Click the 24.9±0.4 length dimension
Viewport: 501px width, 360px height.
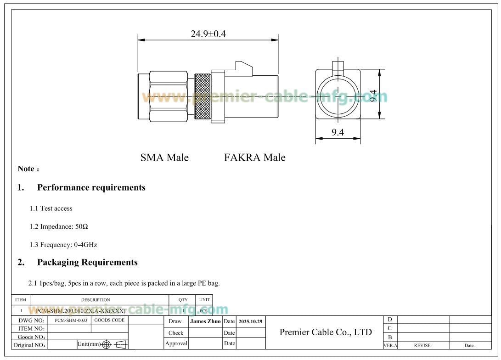pyautogui.click(x=208, y=34)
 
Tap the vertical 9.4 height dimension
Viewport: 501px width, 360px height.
pyautogui.click(x=373, y=95)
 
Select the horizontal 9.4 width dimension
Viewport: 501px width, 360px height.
pyautogui.click(x=338, y=133)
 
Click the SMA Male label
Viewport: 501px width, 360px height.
pyautogui.click(x=164, y=157)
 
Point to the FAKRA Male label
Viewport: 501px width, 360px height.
pyautogui.click(x=254, y=157)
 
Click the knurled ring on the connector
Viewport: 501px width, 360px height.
pyautogui.click(x=202, y=97)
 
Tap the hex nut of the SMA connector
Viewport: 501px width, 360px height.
pyautogui.click(x=169, y=96)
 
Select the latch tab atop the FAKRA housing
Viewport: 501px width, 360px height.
pyautogui.click(x=243, y=68)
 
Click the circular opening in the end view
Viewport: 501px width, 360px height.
pyautogui.click(x=338, y=95)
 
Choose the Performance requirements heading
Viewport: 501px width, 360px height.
pyautogui.click(x=91, y=187)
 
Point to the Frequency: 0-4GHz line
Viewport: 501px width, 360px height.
pyautogui.click(x=63, y=245)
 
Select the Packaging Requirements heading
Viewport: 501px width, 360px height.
pyautogui.click(x=87, y=262)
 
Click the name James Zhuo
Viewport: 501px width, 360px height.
pyautogui.click(x=205, y=321)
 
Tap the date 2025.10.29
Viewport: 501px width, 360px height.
pyautogui.click(x=251, y=321)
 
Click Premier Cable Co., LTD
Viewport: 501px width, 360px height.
pyautogui.click(x=326, y=332)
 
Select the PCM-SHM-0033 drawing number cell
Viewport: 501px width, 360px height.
pyautogui.click(x=71, y=320)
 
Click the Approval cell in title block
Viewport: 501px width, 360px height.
pyautogui.click(x=176, y=343)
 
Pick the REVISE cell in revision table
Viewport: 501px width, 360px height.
pyautogui.click(x=422, y=345)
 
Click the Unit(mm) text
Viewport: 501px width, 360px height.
pyautogui.click(x=89, y=344)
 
